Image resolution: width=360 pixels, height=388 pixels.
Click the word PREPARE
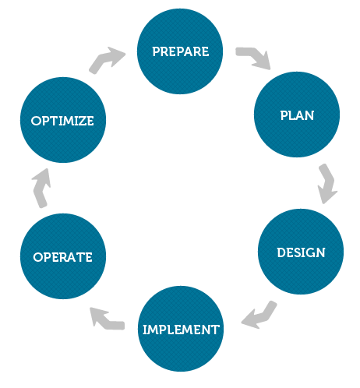click(x=181, y=51)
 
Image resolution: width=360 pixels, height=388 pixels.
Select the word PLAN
click(x=297, y=115)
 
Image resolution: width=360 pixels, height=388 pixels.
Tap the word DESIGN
click(x=301, y=252)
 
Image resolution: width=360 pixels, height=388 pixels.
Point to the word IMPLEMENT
click(x=181, y=330)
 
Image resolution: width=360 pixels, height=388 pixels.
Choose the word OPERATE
click(x=62, y=257)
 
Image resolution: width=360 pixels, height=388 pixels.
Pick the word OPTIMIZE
click(x=62, y=121)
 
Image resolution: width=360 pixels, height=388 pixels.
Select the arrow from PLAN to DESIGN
click(x=328, y=183)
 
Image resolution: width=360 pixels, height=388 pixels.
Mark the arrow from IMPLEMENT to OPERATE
click(x=107, y=320)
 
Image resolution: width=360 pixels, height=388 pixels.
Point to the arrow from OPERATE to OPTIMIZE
click(x=41, y=189)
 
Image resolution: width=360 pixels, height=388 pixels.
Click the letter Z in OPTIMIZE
click(x=82, y=121)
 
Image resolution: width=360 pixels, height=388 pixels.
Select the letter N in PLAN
click(x=309, y=115)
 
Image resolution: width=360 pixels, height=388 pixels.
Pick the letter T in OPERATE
click(x=80, y=257)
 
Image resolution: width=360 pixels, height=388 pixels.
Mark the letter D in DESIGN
click(x=281, y=252)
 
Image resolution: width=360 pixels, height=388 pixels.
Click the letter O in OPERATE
click(x=37, y=257)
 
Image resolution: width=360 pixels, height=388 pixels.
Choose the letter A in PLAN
click(x=299, y=115)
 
